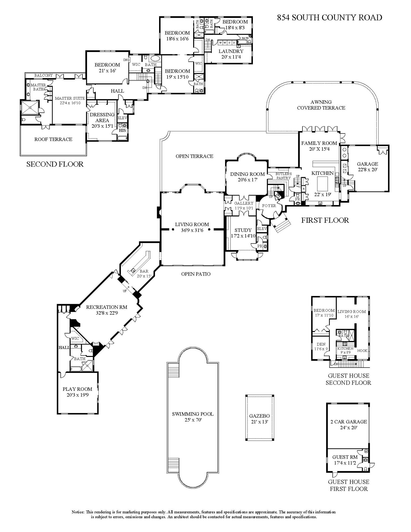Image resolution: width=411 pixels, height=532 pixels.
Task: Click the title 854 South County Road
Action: click(x=329, y=18)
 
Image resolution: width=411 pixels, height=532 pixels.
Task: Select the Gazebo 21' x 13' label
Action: click(x=259, y=419)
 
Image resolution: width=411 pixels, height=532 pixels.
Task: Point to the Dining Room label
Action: click(x=247, y=174)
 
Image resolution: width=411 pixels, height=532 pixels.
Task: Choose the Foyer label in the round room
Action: click(x=269, y=206)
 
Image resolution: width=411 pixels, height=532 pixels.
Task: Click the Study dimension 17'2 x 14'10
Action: click(x=243, y=236)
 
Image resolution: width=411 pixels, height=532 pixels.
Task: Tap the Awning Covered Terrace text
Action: click(x=321, y=105)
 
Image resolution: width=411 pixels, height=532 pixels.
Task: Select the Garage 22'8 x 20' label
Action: click(x=367, y=167)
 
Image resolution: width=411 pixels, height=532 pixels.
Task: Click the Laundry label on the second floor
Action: click(x=231, y=51)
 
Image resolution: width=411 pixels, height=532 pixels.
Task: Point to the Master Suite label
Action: click(x=70, y=98)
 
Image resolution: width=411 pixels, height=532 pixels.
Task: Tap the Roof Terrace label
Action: click(x=53, y=139)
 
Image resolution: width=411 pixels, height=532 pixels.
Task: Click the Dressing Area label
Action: click(x=102, y=117)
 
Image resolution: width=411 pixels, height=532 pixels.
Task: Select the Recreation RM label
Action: click(x=107, y=307)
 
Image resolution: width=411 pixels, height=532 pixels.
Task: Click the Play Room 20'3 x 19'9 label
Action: click(x=77, y=392)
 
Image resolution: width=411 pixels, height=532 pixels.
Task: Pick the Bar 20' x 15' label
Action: click(x=144, y=273)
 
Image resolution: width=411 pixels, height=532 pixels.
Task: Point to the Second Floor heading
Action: click(x=55, y=164)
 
